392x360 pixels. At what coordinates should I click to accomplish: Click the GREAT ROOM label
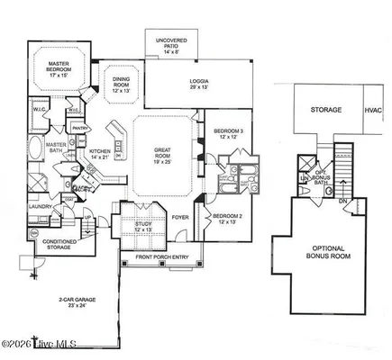click(163, 155)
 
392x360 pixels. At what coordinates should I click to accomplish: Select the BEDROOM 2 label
click(225, 218)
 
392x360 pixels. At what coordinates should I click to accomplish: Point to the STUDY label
click(144, 226)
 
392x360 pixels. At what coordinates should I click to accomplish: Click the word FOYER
click(181, 215)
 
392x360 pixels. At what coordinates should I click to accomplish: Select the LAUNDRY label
click(38, 206)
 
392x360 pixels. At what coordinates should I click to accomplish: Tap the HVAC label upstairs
click(372, 110)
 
